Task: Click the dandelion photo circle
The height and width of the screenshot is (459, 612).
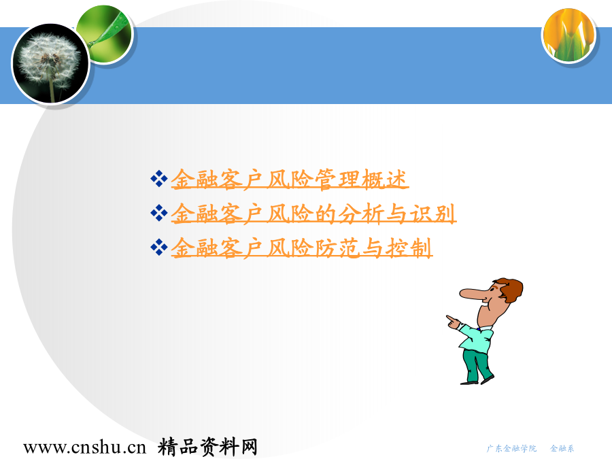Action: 51,64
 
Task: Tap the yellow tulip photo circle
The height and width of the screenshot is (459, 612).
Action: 569,36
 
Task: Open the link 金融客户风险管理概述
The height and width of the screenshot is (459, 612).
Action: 290,180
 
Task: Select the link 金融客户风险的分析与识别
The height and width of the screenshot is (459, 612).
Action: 313,214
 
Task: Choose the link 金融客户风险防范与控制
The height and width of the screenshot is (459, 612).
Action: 302,248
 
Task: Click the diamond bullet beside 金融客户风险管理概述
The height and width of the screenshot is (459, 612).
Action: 159,179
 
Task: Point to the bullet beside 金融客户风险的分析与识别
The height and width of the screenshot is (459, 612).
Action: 159,213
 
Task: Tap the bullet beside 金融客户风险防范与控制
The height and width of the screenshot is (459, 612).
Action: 159,248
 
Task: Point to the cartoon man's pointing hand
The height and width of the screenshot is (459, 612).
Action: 453,322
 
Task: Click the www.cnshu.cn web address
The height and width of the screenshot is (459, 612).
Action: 84,447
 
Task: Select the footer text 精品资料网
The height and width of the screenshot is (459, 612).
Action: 207,447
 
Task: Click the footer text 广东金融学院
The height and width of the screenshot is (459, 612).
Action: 511,449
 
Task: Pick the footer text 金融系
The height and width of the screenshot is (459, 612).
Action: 562,449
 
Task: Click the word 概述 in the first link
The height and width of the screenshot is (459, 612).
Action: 385,180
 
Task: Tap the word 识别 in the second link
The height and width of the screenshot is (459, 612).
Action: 433,214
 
